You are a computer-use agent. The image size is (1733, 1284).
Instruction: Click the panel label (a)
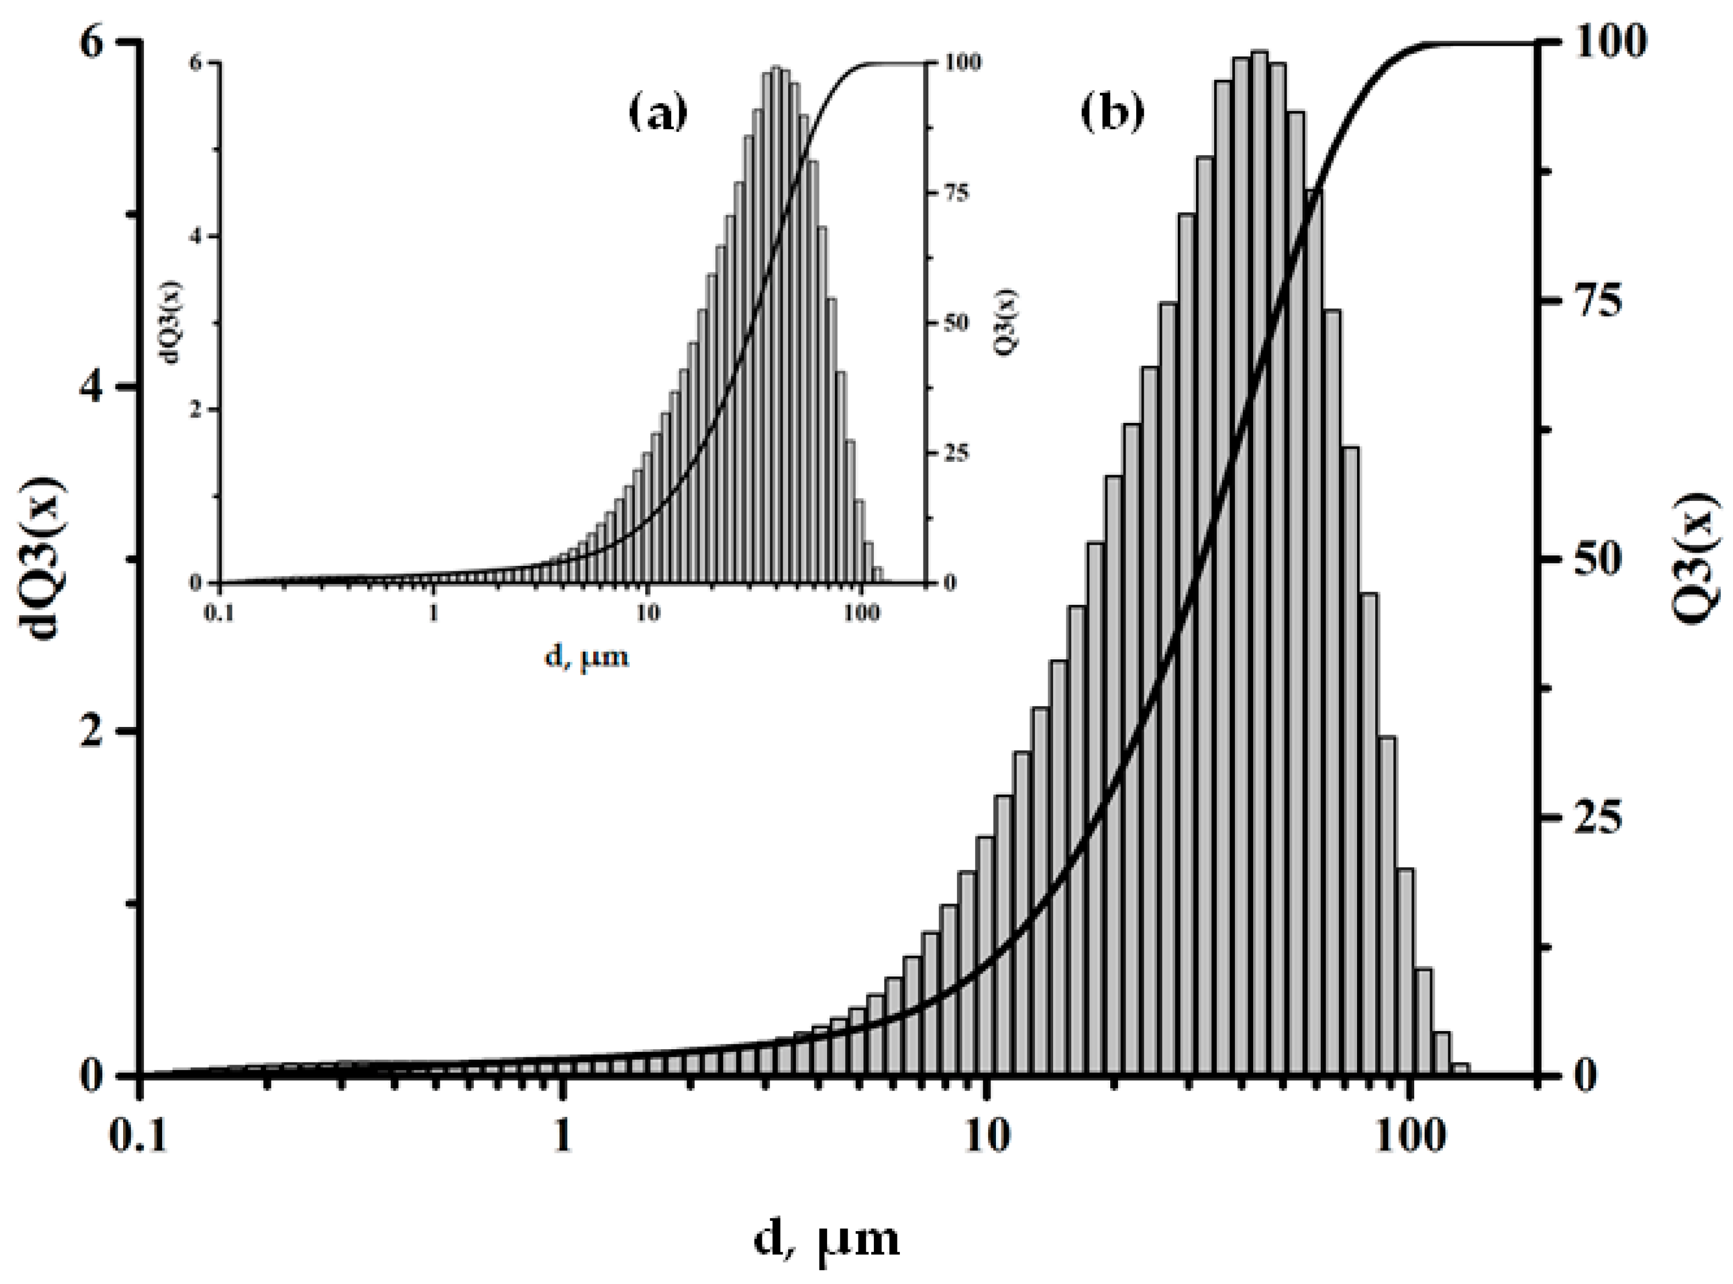658,113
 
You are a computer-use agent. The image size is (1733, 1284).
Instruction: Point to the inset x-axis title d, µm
586,658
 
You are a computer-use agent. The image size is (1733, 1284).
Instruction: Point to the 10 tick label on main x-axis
987,1135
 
